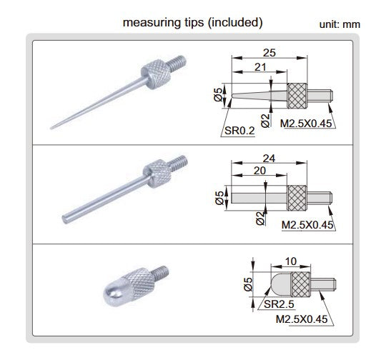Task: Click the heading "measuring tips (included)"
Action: pos(193,22)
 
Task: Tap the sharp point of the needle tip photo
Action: pos(53,129)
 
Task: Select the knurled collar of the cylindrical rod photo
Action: pos(156,172)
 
